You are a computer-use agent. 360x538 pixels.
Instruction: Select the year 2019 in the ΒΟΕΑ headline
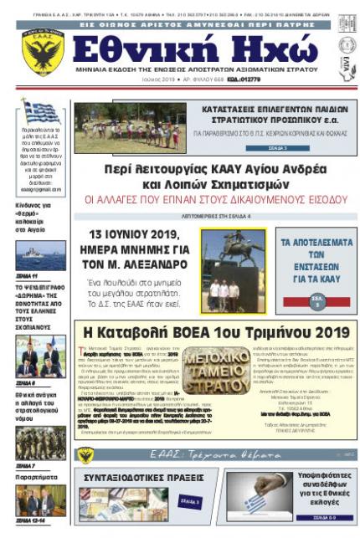[319, 331]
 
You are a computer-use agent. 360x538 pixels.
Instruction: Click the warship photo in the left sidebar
[40, 254]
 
